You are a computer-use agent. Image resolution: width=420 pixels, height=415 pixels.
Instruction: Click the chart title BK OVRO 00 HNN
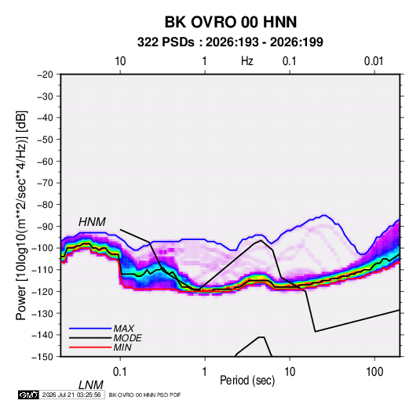[x=230, y=22]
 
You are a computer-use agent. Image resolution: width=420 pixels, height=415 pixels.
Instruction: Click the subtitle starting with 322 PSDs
[x=230, y=42]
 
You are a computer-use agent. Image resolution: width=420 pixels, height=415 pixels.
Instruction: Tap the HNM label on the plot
[x=92, y=222]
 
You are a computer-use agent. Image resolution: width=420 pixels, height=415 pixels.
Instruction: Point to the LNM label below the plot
[x=90, y=385]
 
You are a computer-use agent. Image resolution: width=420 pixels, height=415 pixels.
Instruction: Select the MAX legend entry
[x=123, y=328]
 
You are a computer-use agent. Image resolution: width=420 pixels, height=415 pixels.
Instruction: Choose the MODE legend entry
[x=127, y=338]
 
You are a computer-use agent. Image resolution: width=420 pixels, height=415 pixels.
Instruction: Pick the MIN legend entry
[x=122, y=348]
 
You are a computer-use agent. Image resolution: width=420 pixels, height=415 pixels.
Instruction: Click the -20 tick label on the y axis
[x=45, y=75]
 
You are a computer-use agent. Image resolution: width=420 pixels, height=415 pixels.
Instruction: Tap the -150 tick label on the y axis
[x=42, y=357]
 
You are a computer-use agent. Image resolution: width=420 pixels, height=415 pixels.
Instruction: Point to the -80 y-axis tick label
[x=45, y=205]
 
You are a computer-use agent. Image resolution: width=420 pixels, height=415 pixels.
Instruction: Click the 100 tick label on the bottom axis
[x=374, y=372]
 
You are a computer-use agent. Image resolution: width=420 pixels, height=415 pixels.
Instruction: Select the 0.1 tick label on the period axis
[x=120, y=372]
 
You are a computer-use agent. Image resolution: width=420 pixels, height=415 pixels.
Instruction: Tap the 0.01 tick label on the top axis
[x=374, y=61]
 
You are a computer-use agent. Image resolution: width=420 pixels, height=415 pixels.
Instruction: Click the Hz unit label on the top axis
[x=247, y=61]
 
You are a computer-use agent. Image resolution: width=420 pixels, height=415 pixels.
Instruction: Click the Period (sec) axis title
[x=247, y=380]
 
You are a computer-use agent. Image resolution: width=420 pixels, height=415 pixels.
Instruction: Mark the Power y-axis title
[x=21, y=215]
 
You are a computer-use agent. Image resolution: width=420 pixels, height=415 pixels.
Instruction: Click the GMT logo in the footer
[x=28, y=395]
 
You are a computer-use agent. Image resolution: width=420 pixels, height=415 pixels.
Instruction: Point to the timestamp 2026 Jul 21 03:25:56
[x=71, y=395]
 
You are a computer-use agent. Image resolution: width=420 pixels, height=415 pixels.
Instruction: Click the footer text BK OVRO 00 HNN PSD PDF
[x=144, y=395]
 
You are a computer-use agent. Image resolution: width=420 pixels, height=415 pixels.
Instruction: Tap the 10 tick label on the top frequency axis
[x=120, y=61]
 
